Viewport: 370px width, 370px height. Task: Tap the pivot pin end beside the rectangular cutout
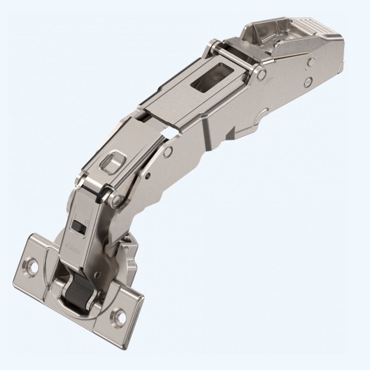coord(261,74)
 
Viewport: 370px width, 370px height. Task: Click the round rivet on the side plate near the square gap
coord(167,152)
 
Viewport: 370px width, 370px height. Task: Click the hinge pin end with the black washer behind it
coord(116,201)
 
